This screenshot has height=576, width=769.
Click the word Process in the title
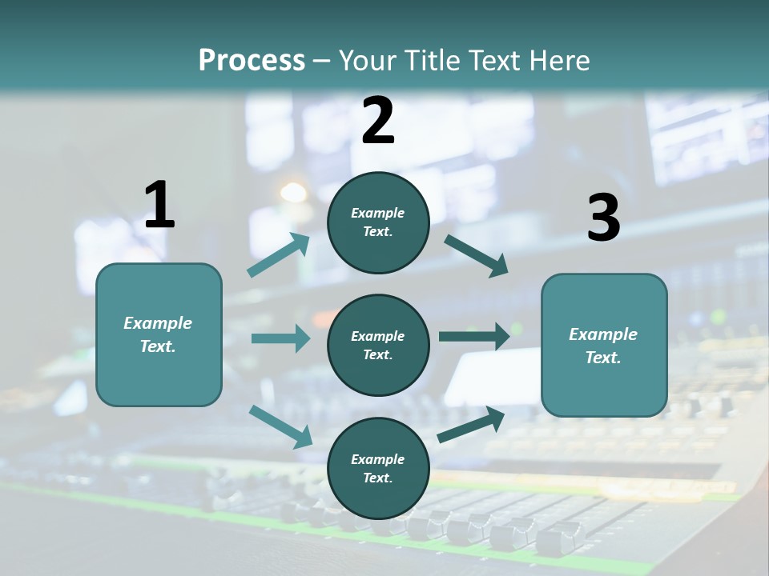coord(252,60)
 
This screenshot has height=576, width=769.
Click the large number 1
coord(159,205)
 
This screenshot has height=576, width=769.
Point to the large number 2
coord(378,120)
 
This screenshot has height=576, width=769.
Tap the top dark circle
coord(378,222)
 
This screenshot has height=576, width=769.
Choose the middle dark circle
coord(378,345)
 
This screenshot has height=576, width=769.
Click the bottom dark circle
coord(378,469)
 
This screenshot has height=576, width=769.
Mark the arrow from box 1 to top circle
coord(279,255)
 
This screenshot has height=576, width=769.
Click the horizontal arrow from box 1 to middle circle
coord(280,338)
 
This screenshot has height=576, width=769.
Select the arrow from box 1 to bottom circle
coord(280,426)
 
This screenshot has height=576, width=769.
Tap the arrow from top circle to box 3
coord(477,255)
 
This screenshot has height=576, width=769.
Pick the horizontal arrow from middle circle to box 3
coord(474,337)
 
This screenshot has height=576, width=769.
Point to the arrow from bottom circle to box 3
coord(471,425)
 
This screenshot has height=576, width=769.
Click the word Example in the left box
coord(158,323)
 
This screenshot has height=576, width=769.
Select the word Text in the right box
coord(602,358)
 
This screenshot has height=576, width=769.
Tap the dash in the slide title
coord(322,61)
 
